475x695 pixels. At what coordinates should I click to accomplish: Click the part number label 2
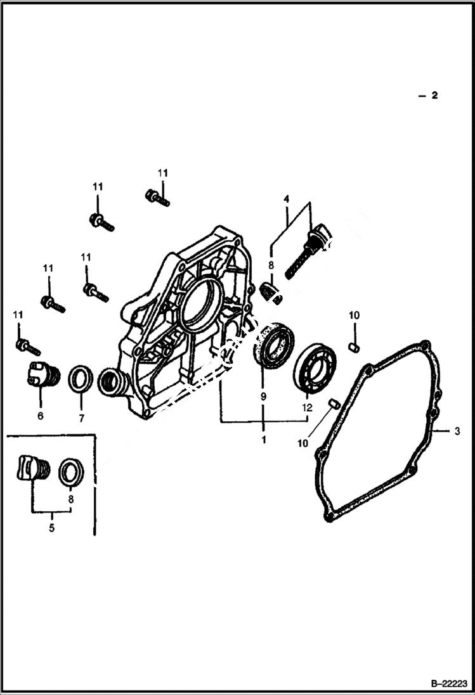[434, 96]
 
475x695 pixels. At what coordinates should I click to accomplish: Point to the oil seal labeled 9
[274, 345]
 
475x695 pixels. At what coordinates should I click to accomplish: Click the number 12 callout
[307, 409]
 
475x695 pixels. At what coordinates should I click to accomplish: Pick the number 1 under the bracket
[263, 438]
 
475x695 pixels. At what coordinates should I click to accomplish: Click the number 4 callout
[286, 199]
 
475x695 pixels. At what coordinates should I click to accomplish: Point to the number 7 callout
[81, 418]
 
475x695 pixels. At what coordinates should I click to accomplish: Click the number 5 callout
[51, 527]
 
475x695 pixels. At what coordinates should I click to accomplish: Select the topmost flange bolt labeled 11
[157, 198]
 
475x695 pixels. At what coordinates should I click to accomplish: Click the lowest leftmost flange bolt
[28, 347]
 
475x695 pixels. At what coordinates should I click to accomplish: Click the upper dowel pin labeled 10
[355, 347]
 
